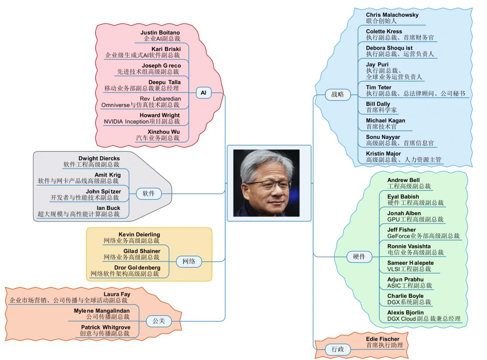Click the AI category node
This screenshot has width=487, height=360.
click(x=203, y=92)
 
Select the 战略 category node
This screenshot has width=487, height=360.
click(x=337, y=95)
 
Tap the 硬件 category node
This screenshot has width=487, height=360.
click(x=359, y=257)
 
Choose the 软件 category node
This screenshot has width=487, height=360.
click(x=148, y=194)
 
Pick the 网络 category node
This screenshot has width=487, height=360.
click(x=188, y=261)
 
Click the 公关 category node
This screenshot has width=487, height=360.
click(x=159, y=321)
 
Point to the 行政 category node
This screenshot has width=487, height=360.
click(x=337, y=349)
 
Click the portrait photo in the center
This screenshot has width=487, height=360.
click(x=269, y=183)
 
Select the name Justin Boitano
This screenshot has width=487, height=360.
click(x=160, y=33)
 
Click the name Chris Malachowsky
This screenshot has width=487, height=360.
click(x=392, y=15)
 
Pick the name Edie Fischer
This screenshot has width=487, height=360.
click(x=382, y=339)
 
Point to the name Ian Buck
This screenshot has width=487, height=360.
click(x=108, y=208)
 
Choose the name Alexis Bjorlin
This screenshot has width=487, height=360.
click(x=405, y=312)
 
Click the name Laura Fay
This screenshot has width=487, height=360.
click(x=117, y=294)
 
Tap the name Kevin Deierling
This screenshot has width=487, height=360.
click(x=139, y=234)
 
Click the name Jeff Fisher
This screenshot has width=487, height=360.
click(x=401, y=230)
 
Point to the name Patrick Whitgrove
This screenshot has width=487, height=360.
click(x=106, y=327)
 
